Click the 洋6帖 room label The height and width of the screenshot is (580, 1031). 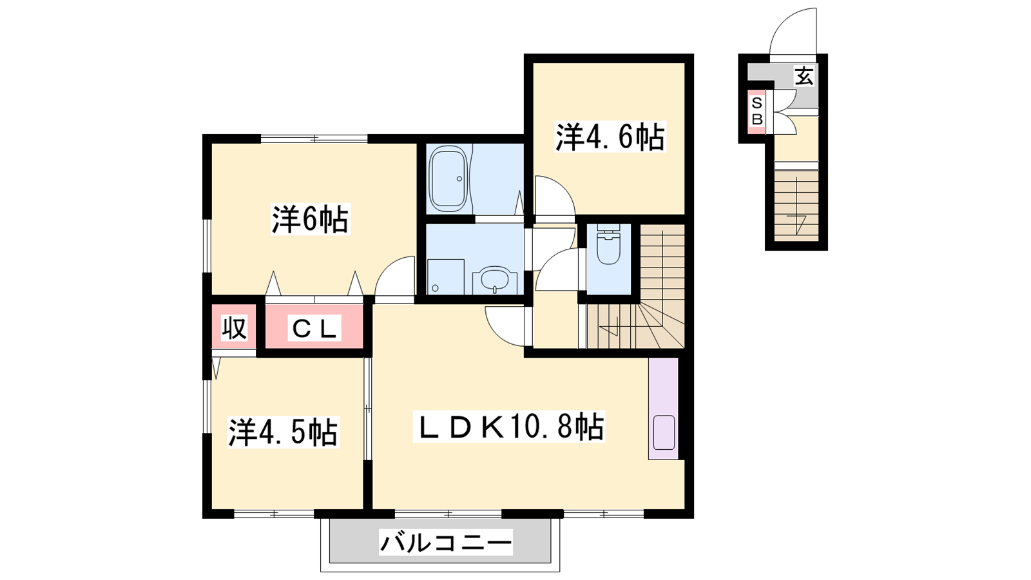tap(310, 219)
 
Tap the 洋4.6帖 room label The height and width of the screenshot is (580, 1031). tap(610, 137)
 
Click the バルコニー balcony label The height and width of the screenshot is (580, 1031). tap(445, 542)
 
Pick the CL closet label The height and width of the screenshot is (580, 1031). tap(314, 328)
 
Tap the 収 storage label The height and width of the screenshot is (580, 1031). tap(235, 328)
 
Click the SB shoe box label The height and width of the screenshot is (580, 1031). tap(757, 111)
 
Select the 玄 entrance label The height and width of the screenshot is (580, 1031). tap(804, 76)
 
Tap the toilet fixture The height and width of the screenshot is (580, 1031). tap(608, 244)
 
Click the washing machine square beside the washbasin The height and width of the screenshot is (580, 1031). tap(445, 276)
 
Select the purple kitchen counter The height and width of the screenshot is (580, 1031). tap(663, 409)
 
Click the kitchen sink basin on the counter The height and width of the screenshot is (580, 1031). tap(664, 432)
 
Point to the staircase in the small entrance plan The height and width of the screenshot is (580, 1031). tap(796, 206)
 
